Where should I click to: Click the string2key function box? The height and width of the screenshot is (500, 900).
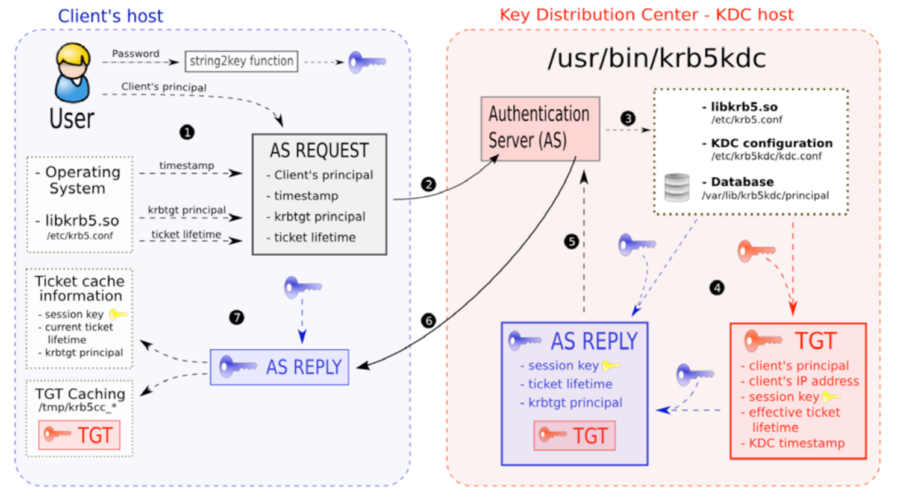point(241,61)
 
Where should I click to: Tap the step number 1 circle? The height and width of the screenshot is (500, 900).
point(187,131)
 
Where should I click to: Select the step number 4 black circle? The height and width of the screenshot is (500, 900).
point(717,288)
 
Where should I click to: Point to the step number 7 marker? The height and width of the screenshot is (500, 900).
point(236,317)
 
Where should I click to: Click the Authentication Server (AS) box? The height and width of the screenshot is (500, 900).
point(540,128)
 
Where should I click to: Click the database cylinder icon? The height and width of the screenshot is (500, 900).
point(677,188)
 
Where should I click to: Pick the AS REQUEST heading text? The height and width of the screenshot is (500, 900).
point(319,150)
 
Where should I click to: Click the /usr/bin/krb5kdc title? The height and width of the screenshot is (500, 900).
point(656,59)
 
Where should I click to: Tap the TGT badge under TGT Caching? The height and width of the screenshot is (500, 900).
point(79,435)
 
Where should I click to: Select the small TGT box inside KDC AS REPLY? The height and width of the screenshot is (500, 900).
point(574,435)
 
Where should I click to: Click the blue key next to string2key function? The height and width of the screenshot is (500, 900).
point(366,62)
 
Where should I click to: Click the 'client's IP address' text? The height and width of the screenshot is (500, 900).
point(803,381)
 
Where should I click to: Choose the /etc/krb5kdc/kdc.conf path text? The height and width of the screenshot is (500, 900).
point(766,156)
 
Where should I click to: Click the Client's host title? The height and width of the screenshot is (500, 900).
point(110,16)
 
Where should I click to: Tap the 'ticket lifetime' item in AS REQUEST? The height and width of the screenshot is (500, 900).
point(314,238)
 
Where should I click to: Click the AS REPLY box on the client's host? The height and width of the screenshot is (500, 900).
point(280,367)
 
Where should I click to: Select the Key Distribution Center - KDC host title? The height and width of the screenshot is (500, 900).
point(646,14)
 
